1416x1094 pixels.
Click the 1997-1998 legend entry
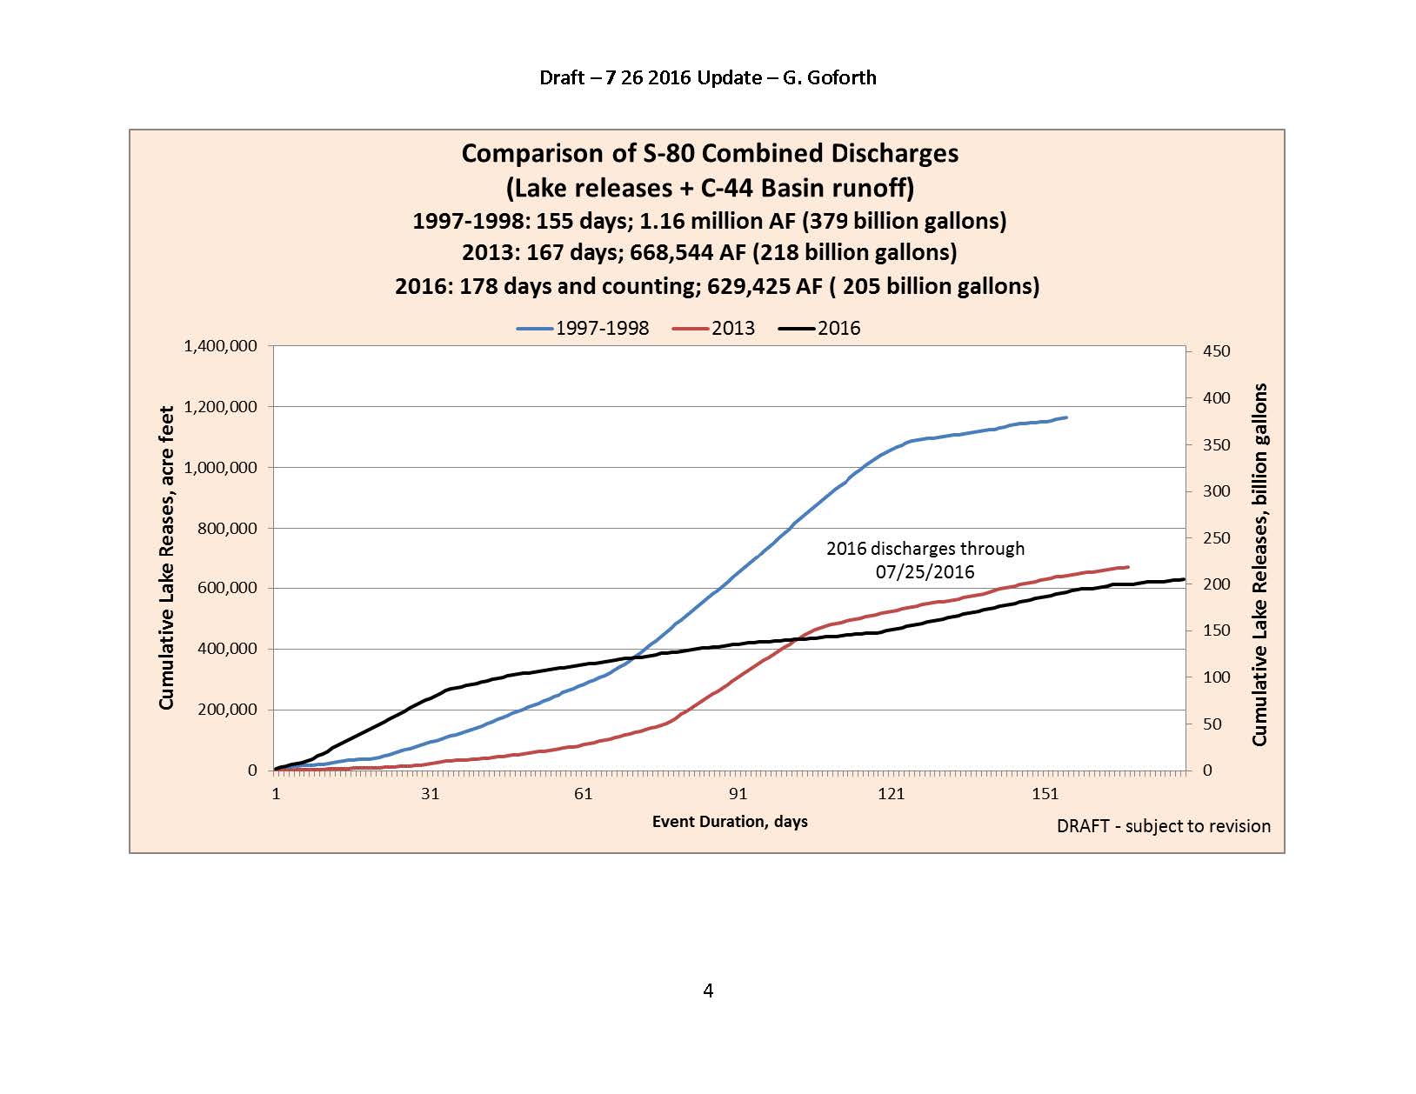[583, 329]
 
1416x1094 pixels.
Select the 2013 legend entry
[714, 329]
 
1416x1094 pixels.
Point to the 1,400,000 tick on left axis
[220, 346]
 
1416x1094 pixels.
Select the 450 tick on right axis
[1216, 351]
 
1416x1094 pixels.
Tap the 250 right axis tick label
[1216, 538]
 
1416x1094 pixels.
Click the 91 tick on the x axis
[738, 793]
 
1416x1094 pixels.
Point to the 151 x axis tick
[1045, 793]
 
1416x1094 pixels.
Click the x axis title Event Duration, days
[730, 822]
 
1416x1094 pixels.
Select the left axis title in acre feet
[166, 557]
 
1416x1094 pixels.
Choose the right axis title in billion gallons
[1259, 564]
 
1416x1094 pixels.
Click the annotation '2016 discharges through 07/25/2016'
[925, 560]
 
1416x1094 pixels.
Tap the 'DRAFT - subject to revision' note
[1163, 826]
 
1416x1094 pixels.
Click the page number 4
[708, 991]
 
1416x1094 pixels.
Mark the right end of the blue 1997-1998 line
[1066, 417]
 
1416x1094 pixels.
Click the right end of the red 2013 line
[1128, 567]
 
